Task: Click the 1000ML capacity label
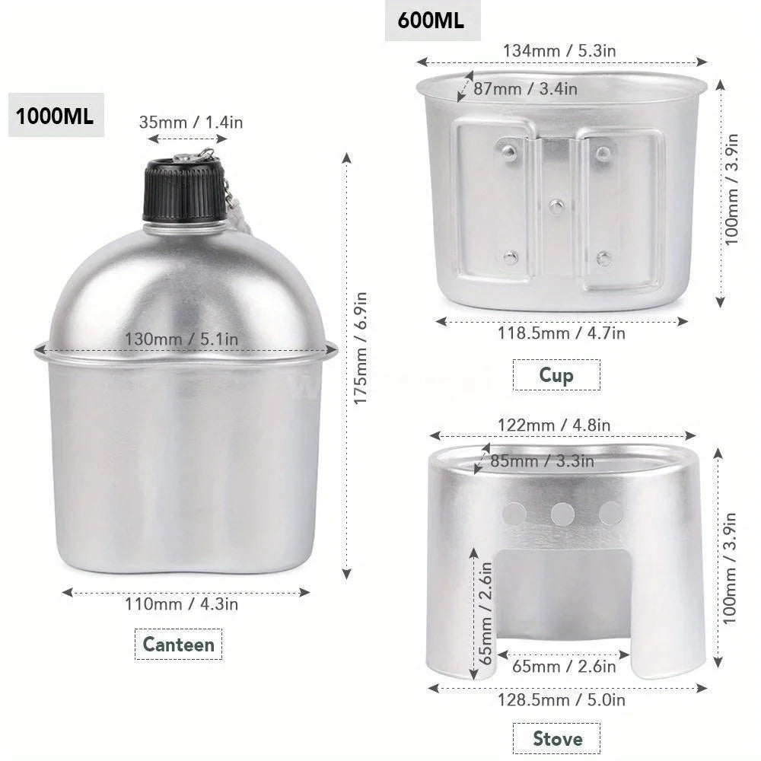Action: click(56, 117)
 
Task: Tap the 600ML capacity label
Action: click(431, 21)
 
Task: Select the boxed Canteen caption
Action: click(179, 645)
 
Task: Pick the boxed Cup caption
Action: click(556, 374)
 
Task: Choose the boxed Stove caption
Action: click(558, 738)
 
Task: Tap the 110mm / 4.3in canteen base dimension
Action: click(182, 604)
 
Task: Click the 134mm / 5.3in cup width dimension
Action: click(559, 50)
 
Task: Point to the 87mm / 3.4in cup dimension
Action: click(525, 88)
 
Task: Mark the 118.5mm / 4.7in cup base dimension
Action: click(562, 333)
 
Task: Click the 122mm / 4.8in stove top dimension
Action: click(554, 425)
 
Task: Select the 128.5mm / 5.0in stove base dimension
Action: click(561, 699)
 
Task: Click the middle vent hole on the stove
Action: click(562, 514)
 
